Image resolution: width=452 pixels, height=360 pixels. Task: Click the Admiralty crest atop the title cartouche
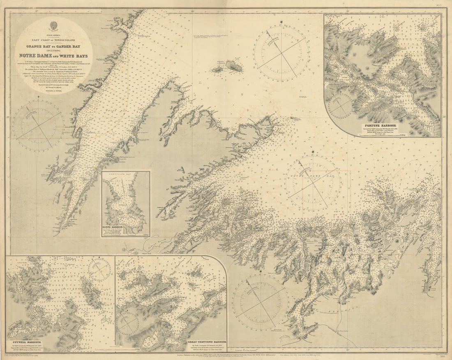click(x=53, y=26)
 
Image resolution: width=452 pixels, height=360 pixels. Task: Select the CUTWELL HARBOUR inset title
click(x=24, y=341)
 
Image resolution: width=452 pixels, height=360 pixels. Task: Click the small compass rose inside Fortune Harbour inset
click(x=340, y=106)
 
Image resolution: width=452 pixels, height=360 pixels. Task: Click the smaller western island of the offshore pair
click(x=217, y=70)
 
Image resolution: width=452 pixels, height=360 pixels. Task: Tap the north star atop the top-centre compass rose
click(x=281, y=21)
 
